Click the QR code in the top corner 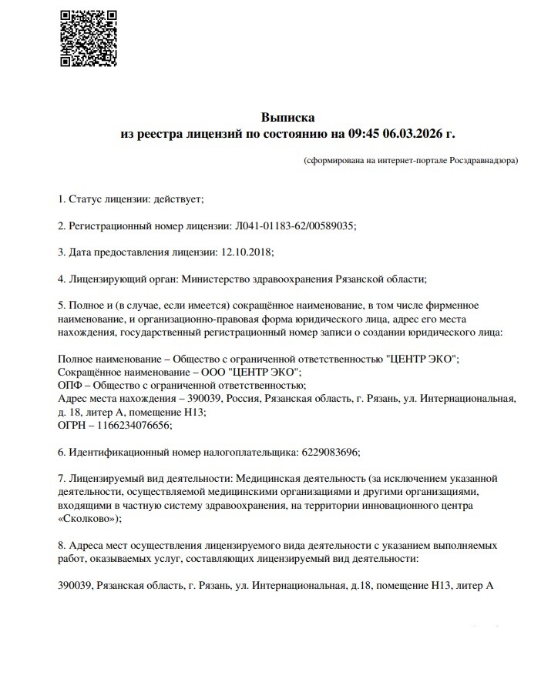(x=89, y=37)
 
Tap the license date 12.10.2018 (x=247, y=252)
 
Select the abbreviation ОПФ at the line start (x=70, y=385)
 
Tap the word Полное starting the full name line (x=76, y=359)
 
